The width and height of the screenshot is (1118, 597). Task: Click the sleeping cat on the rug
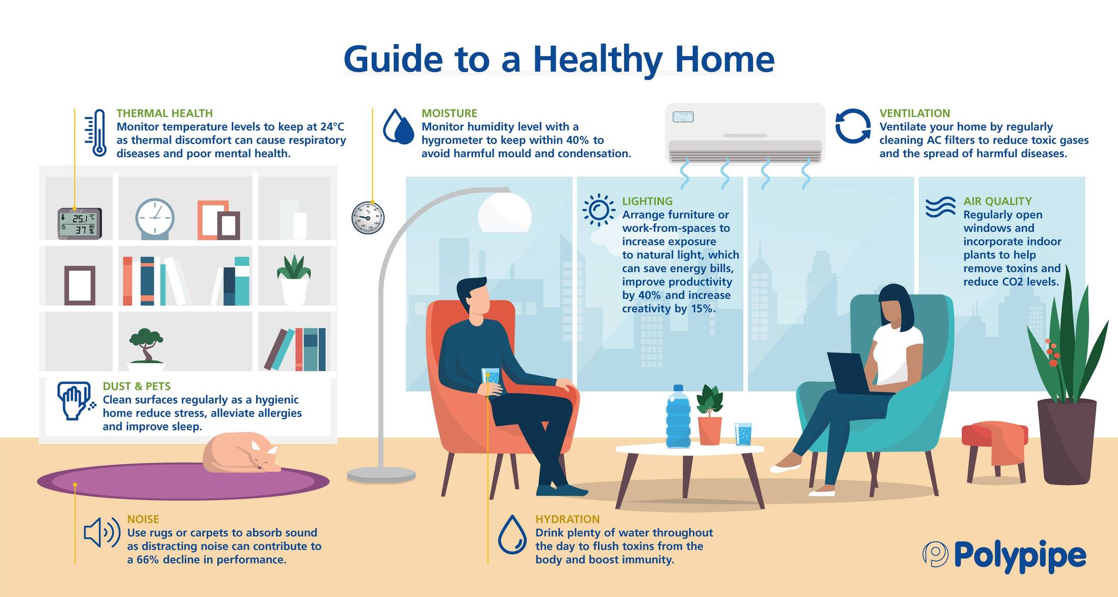(x=240, y=453)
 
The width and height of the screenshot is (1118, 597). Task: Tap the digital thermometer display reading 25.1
(x=80, y=223)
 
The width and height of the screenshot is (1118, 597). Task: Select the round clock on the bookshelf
(x=155, y=217)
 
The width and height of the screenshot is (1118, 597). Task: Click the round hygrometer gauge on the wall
(x=368, y=217)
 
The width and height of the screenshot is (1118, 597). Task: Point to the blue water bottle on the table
(x=678, y=418)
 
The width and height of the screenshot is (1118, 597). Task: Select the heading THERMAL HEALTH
(x=164, y=113)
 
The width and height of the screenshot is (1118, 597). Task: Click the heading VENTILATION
(x=914, y=113)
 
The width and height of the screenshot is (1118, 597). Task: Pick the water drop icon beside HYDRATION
(x=512, y=534)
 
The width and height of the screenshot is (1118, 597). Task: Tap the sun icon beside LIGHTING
(x=598, y=210)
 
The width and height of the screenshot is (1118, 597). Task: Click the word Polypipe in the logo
(x=1020, y=556)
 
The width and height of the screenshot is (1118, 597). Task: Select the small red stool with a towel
(x=994, y=445)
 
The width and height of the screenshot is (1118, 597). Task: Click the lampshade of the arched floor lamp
(x=505, y=212)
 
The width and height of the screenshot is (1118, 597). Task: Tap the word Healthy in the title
(x=598, y=59)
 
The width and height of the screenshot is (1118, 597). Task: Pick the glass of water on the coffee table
(x=743, y=434)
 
